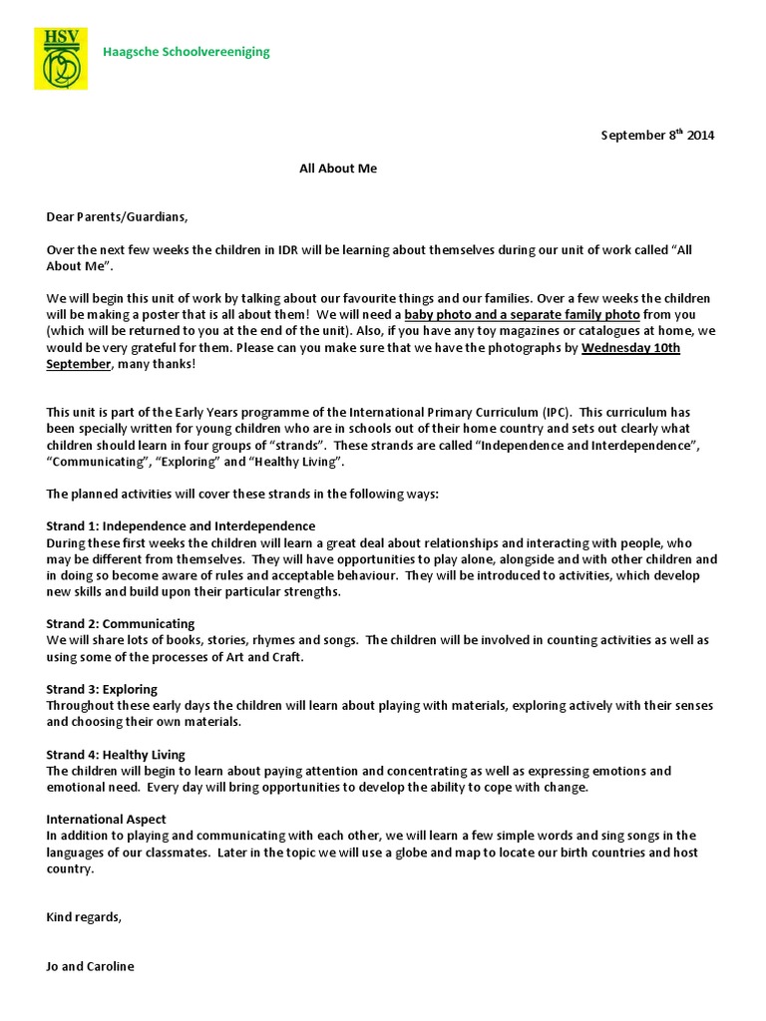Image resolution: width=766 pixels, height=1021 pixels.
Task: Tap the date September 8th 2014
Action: point(657,136)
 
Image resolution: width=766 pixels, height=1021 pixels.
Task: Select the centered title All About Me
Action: point(338,169)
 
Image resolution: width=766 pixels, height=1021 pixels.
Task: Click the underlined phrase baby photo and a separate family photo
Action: point(522,314)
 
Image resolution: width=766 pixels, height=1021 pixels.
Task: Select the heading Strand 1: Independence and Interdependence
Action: point(181,525)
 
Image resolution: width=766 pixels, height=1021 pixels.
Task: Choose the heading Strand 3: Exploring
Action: point(102,689)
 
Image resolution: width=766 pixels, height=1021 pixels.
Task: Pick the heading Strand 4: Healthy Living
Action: point(116,755)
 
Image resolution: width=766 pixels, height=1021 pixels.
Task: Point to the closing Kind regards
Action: point(84,917)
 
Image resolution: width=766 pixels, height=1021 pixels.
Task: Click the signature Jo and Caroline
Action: point(90,966)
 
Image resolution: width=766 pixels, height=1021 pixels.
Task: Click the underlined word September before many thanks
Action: point(78,364)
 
